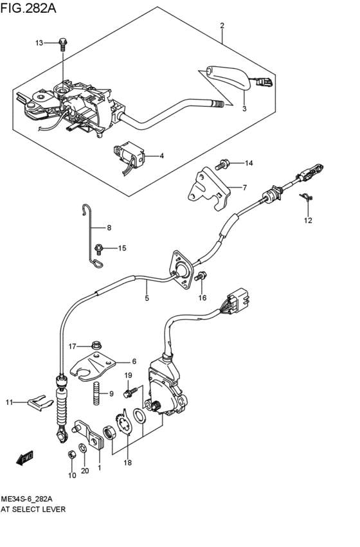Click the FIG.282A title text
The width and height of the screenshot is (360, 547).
pyautogui.click(x=30, y=8)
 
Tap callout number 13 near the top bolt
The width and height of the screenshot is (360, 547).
pyautogui.click(x=39, y=43)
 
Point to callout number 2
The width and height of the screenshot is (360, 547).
pyautogui.click(x=222, y=26)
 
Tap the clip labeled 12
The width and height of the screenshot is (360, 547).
pyautogui.click(x=307, y=201)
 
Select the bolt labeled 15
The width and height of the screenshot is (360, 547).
pyautogui.click(x=99, y=247)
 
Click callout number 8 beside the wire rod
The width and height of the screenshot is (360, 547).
pyautogui.click(x=109, y=228)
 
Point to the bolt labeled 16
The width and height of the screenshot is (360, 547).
pyautogui.click(x=201, y=276)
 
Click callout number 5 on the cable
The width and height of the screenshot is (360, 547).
pyautogui.click(x=147, y=298)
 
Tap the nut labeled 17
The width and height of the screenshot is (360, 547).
pyautogui.click(x=96, y=346)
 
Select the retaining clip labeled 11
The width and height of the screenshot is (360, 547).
pyautogui.click(x=36, y=402)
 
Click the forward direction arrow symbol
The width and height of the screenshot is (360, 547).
pyautogui.click(x=25, y=458)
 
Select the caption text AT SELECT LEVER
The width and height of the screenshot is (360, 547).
pyautogui.click(x=33, y=508)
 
